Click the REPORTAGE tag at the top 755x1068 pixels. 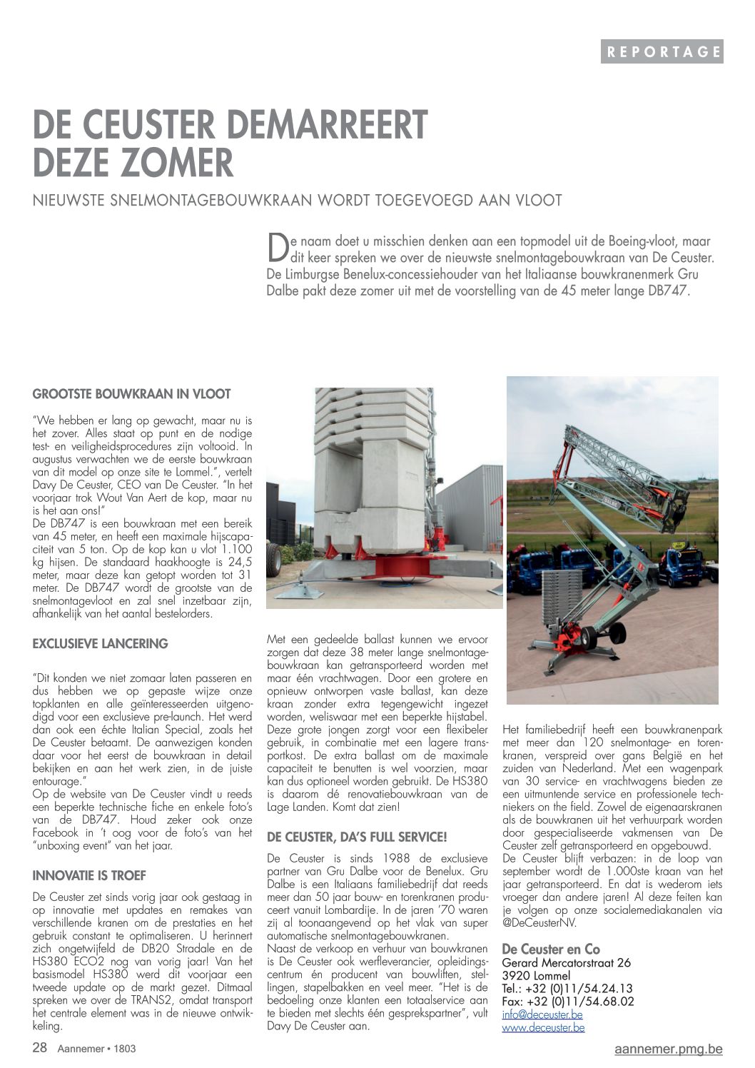(662, 51)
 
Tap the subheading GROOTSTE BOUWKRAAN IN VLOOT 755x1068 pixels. (131, 394)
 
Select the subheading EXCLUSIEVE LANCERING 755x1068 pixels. (100, 644)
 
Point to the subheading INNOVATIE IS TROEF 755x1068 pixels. (89, 876)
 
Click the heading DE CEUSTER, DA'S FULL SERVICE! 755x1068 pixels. (357, 837)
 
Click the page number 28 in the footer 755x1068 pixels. (40, 1048)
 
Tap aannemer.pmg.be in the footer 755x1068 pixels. (668, 1049)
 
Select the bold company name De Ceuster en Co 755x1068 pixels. (551, 949)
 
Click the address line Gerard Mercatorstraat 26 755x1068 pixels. (566, 963)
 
